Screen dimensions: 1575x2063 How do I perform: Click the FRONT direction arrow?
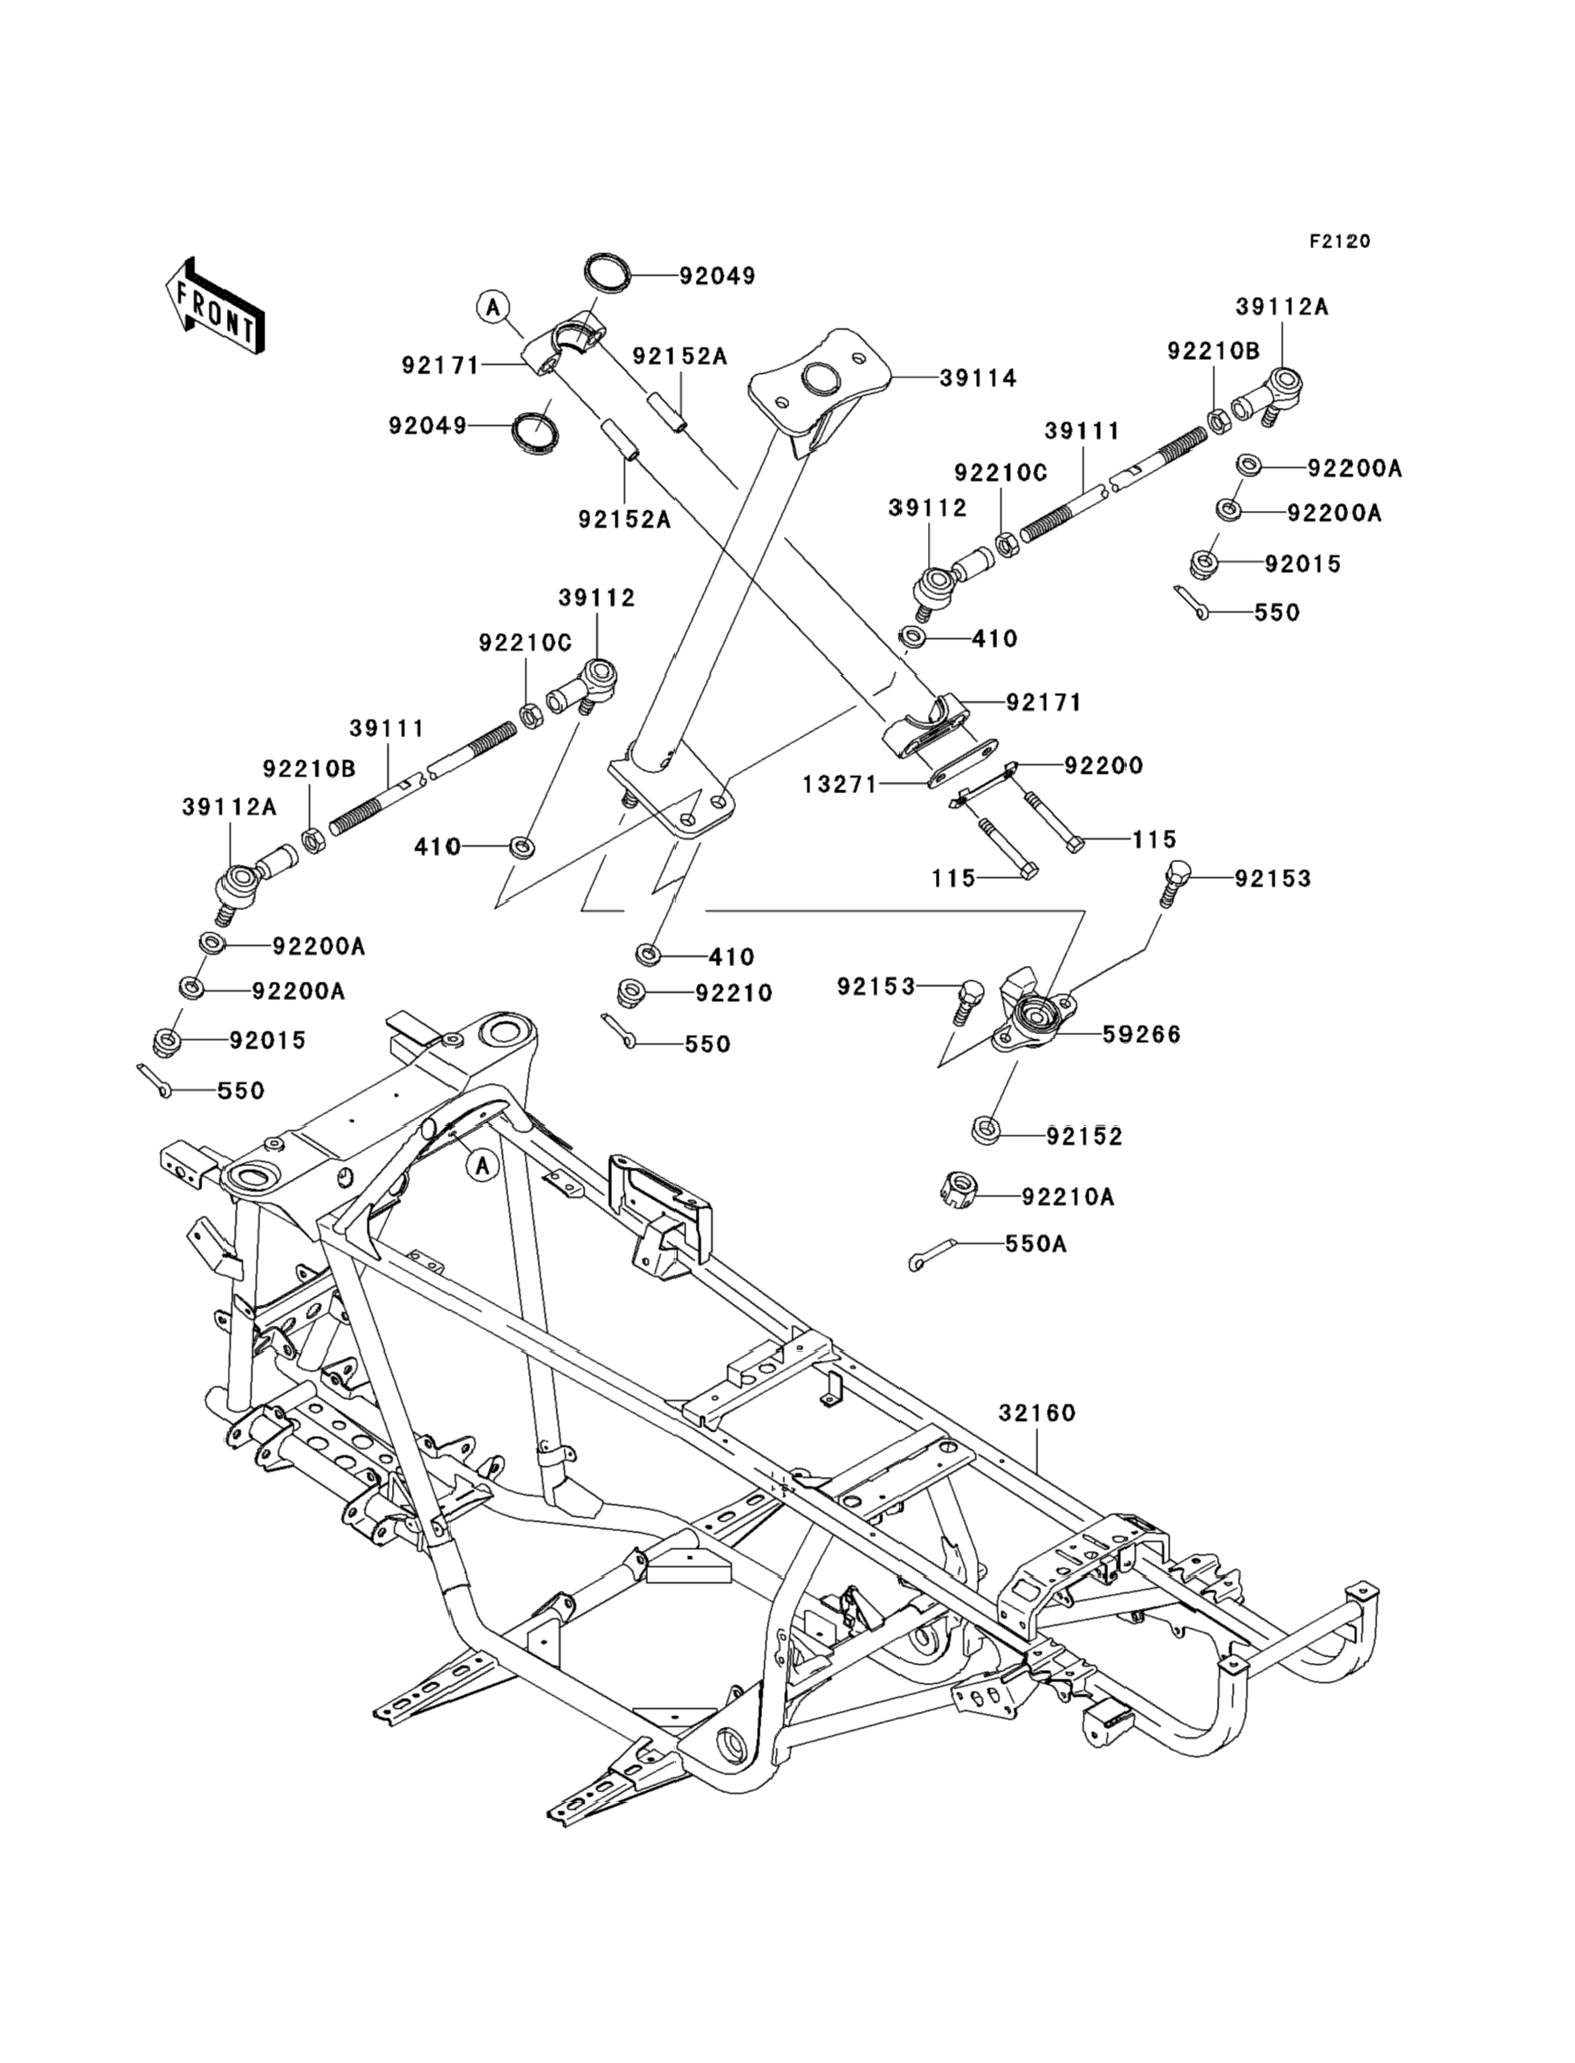214,306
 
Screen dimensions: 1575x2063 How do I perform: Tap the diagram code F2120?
1339,241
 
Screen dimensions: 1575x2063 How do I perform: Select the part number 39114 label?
978,378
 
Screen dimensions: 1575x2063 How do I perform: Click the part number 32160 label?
1037,1439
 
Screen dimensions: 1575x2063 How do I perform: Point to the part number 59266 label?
1142,1034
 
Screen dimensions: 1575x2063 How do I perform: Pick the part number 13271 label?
840,784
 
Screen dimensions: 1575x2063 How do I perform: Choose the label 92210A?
1068,1197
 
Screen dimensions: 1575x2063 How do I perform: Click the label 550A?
1036,1244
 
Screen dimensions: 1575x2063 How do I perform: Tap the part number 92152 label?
1084,1136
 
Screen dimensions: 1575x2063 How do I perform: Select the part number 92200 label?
1104,765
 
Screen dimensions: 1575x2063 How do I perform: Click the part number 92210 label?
734,993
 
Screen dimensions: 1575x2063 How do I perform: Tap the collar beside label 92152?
986,1130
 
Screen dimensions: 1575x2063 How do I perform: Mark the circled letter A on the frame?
482,1166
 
